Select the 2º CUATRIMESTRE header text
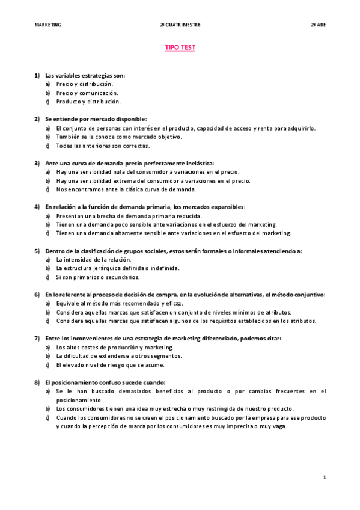click(x=180, y=25)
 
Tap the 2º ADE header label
click(x=318, y=25)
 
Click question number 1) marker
click(x=37, y=75)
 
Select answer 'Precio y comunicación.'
click(x=87, y=93)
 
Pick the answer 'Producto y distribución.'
click(x=88, y=102)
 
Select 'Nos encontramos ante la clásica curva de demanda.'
click(x=126, y=189)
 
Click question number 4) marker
click(x=37, y=207)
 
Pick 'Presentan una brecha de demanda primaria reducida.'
click(x=129, y=215)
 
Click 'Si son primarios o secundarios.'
click(x=97, y=277)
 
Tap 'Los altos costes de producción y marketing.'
click(x=114, y=347)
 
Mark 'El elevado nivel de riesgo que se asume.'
click(x=110, y=364)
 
